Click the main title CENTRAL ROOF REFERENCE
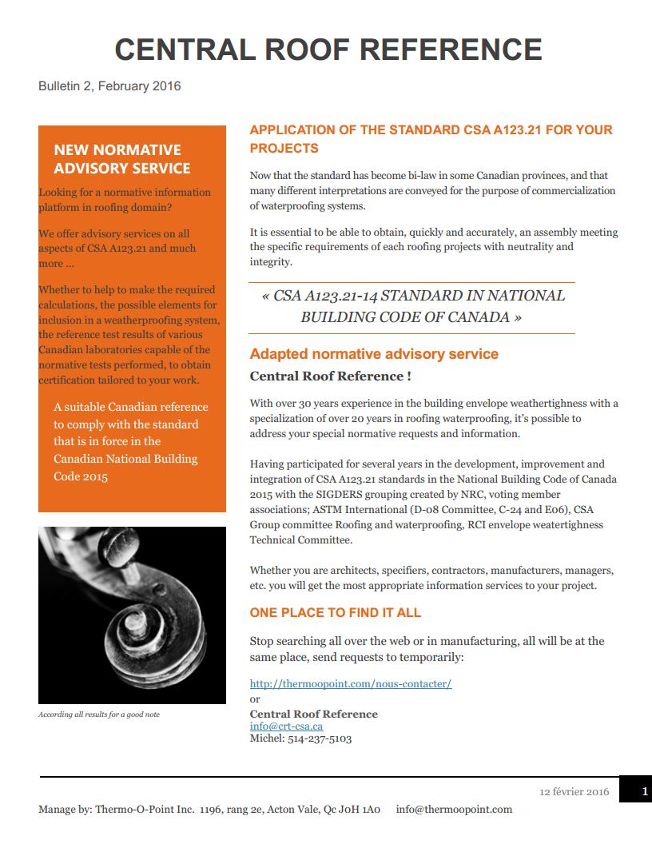[x=328, y=50]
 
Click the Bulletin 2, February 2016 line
[x=109, y=86]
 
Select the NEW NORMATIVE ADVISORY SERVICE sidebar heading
[x=121, y=159]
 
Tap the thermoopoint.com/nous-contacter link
[x=351, y=683]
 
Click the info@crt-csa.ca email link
[x=286, y=727]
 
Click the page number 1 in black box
[x=645, y=791]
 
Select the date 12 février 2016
[x=574, y=792]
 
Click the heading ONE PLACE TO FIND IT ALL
[x=335, y=613]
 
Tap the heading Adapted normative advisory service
[x=374, y=354]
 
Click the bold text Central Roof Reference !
[x=331, y=376]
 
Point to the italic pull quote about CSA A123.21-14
[x=412, y=306]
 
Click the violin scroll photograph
[x=132, y=615]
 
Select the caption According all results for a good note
[x=99, y=715]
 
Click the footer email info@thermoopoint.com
[x=454, y=810]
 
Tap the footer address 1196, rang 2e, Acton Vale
[x=289, y=810]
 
